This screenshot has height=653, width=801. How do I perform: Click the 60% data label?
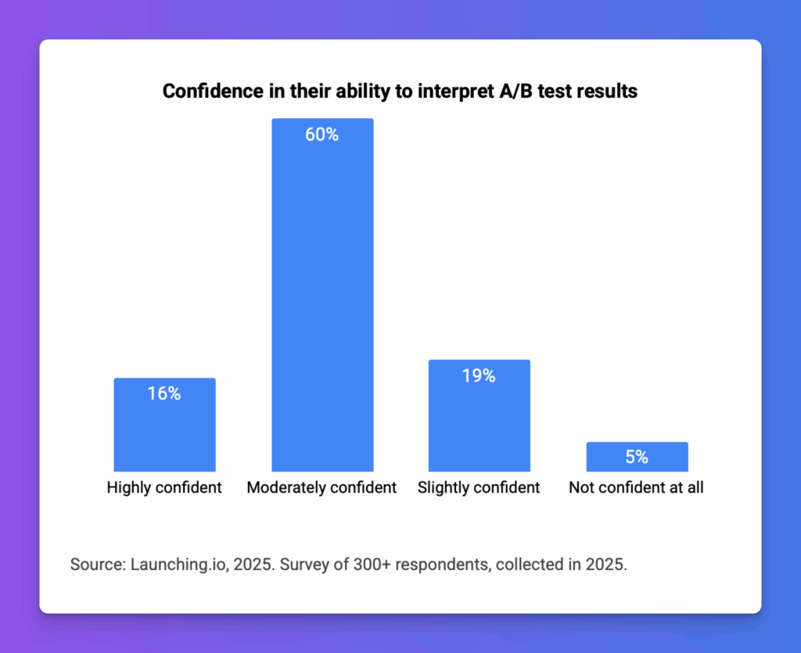tap(322, 135)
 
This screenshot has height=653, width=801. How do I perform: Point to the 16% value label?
tap(164, 393)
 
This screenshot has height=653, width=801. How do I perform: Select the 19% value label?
tap(479, 375)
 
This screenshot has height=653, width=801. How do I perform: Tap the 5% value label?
tap(637, 457)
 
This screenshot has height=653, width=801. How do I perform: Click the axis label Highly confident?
tap(164, 488)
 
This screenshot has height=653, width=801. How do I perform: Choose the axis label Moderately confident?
tap(321, 488)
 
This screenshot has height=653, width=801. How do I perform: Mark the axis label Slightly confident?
tap(479, 488)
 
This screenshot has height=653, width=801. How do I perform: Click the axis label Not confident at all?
tap(636, 488)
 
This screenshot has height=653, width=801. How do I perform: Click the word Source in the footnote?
tap(94, 565)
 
